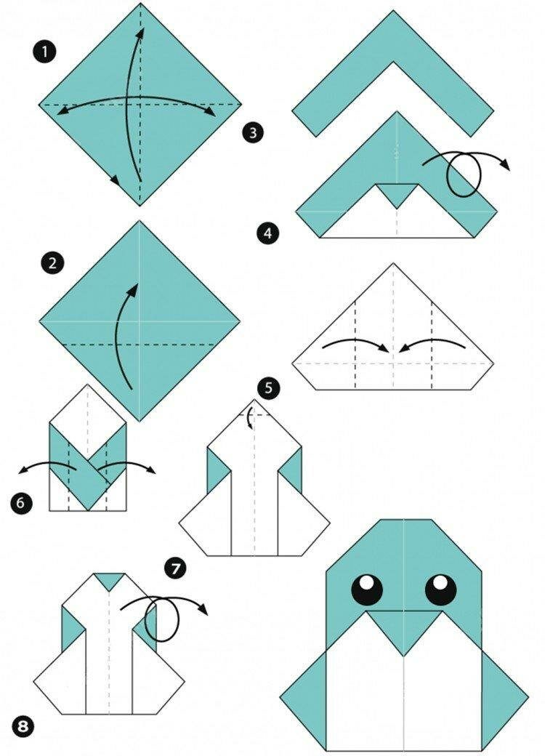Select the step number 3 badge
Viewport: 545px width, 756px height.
(254, 132)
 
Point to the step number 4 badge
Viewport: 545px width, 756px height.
(267, 234)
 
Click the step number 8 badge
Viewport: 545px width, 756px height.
(23, 727)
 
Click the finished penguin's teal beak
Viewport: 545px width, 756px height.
(404, 630)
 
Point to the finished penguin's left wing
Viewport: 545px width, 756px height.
(304, 698)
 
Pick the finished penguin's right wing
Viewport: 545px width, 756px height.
(504, 698)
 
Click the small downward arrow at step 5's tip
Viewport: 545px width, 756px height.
(249, 419)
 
